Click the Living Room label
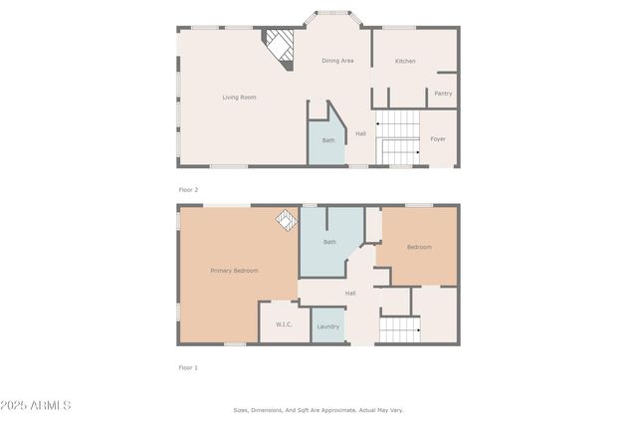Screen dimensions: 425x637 coord(239,98)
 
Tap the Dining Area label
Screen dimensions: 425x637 coord(337,61)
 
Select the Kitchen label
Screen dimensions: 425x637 coord(405,62)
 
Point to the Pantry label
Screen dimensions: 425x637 coord(443,94)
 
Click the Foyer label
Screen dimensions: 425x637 coord(438,139)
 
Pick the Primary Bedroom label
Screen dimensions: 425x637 coord(234,271)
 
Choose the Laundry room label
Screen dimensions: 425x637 coord(327,326)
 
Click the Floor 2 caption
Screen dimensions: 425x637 coord(188,189)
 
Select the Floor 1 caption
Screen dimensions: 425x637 coord(188,367)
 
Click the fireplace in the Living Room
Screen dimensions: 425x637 coord(281,46)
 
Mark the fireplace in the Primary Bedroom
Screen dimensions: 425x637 coord(287,220)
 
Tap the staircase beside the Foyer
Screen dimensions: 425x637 coord(398,137)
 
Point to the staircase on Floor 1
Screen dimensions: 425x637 coord(399,327)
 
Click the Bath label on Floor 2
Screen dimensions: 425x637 coord(328,140)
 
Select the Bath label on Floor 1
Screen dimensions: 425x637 coord(330,242)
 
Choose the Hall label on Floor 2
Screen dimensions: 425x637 coord(360,133)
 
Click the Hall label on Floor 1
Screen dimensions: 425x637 coord(350,294)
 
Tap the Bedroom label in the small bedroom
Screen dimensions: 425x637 coord(418,247)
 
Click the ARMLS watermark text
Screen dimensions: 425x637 coord(37,405)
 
